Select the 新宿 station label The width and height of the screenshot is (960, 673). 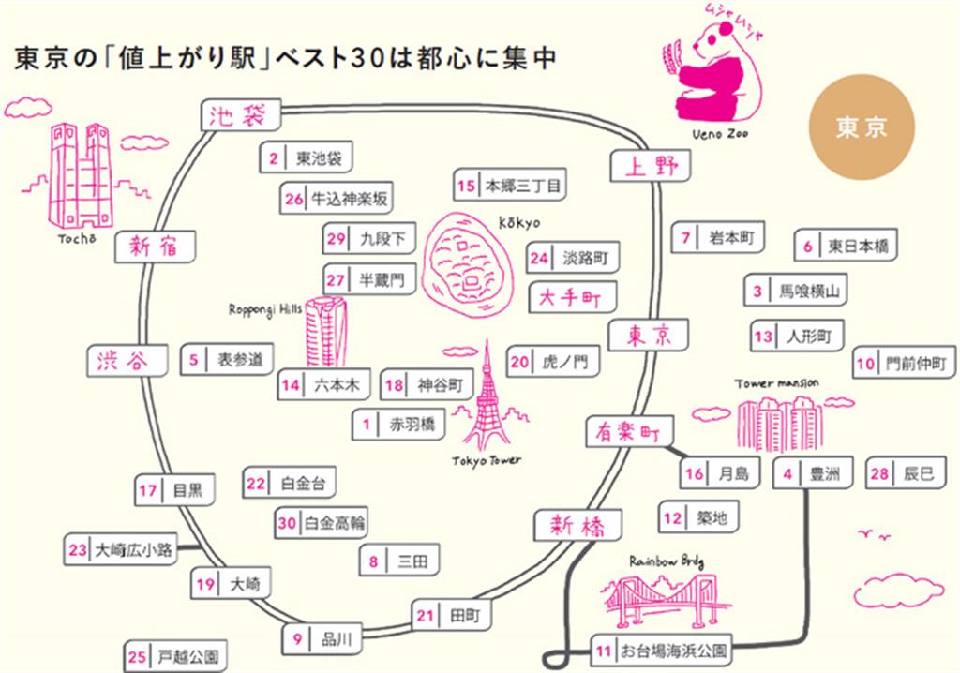tap(155, 247)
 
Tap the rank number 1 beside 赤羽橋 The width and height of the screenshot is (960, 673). tap(367, 424)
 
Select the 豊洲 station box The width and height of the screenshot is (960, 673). tap(812, 474)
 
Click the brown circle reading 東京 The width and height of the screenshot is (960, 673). tap(862, 127)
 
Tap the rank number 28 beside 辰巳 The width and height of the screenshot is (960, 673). tap(878, 474)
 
